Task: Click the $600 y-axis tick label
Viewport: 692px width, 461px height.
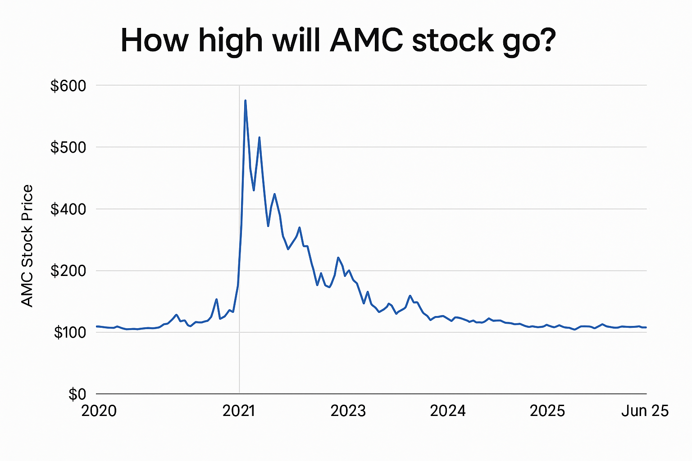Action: [68, 86]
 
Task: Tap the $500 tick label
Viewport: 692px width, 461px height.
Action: [68, 147]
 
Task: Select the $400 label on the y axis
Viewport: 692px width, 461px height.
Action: [68, 209]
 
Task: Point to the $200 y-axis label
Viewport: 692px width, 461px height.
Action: [68, 271]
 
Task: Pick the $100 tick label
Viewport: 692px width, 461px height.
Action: [70, 333]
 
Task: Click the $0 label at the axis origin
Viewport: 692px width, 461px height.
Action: [77, 394]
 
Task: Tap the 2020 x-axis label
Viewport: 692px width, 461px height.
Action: [99, 411]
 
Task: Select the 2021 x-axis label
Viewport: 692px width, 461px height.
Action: [239, 411]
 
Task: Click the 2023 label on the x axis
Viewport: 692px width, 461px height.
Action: [348, 411]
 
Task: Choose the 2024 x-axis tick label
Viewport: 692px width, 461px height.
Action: [448, 411]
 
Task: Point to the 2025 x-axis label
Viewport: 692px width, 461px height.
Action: [547, 411]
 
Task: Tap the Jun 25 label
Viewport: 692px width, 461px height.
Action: [645, 411]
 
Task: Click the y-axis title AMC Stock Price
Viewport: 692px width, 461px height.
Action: [27, 246]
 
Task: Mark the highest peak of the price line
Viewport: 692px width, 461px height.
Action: [245, 100]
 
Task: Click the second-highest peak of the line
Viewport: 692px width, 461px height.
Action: [259, 137]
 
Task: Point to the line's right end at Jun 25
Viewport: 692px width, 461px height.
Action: [646, 327]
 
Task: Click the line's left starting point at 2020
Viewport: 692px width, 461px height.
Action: [97, 326]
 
